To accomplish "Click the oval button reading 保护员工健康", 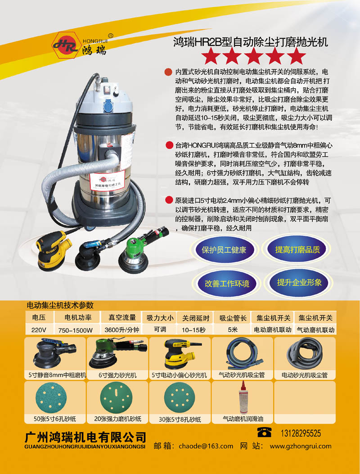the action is pos(224,250).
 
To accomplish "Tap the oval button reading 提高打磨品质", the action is pos(297,249).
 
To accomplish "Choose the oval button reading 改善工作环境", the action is pos(227,284).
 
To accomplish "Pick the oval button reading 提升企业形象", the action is pos(299,282).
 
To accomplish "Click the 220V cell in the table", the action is pos(39,330).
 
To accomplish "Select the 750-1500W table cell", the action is pos(76,330).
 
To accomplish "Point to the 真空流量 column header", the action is pos(122,317).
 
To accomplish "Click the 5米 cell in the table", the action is pos(233,330).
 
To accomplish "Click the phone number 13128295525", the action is pos(301,433).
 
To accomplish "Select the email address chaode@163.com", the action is pos(206,446).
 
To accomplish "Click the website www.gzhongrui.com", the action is pos(301,446).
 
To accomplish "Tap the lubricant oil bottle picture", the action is pos(243,397).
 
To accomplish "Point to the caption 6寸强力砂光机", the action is pos(117,375).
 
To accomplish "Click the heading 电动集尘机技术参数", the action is pos(60,305).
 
